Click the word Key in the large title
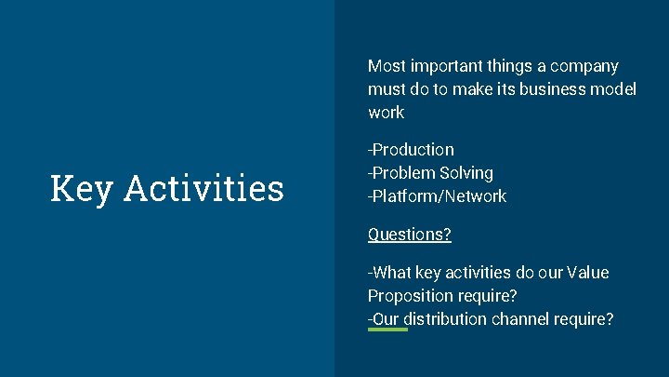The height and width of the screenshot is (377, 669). [x=82, y=188]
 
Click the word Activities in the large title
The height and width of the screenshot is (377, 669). [x=203, y=188]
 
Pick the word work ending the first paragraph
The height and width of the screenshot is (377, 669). [x=386, y=113]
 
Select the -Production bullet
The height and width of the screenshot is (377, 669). [x=411, y=150]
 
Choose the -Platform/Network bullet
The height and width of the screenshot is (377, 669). [x=437, y=196]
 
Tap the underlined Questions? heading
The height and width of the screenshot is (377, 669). [x=409, y=235]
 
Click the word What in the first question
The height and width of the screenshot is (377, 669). [x=393, y=273]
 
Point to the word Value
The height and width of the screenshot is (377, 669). [x=587, y=273]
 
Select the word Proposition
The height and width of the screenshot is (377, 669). [x=410, y=296]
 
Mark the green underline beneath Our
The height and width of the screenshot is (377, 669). [x=387, y=330]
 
